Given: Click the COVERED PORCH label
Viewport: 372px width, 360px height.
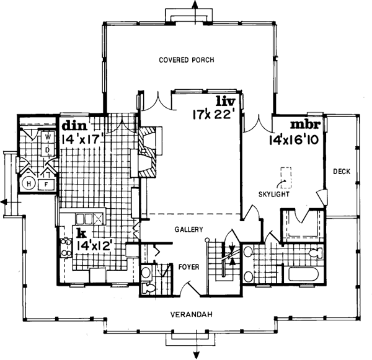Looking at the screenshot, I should [x=186, y=60].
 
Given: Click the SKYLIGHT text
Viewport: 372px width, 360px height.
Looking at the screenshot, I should [x=275, y=194].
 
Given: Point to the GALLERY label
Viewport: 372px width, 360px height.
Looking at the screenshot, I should [x=189, y=229].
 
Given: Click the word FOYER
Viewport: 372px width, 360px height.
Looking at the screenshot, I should [x=188, y=270].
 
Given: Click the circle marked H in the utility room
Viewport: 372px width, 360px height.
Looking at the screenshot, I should [x=29, y=183].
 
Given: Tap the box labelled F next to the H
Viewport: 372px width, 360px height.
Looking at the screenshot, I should [x=45, y=184].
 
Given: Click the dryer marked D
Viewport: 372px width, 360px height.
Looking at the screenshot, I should [x=46, y=149].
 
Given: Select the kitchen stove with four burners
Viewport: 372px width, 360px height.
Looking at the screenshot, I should [x=66, y=246].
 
